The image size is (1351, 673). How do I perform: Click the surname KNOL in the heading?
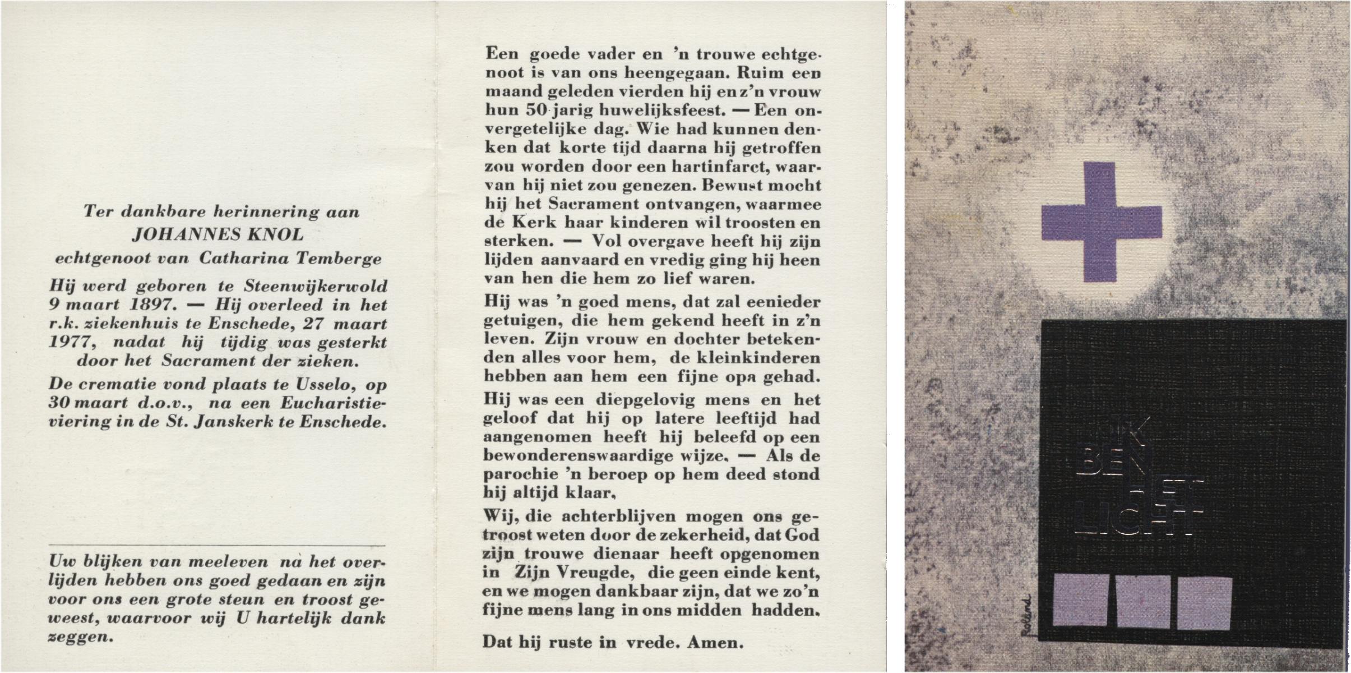tap(275, 234)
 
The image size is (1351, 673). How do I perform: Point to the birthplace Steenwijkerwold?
tap(316, 286)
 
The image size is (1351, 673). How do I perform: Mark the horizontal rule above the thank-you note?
tap(217, 545)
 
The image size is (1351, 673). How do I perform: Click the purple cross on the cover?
tap(1101, 222)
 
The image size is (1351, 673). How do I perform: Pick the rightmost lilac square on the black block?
tap(1203, 601)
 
